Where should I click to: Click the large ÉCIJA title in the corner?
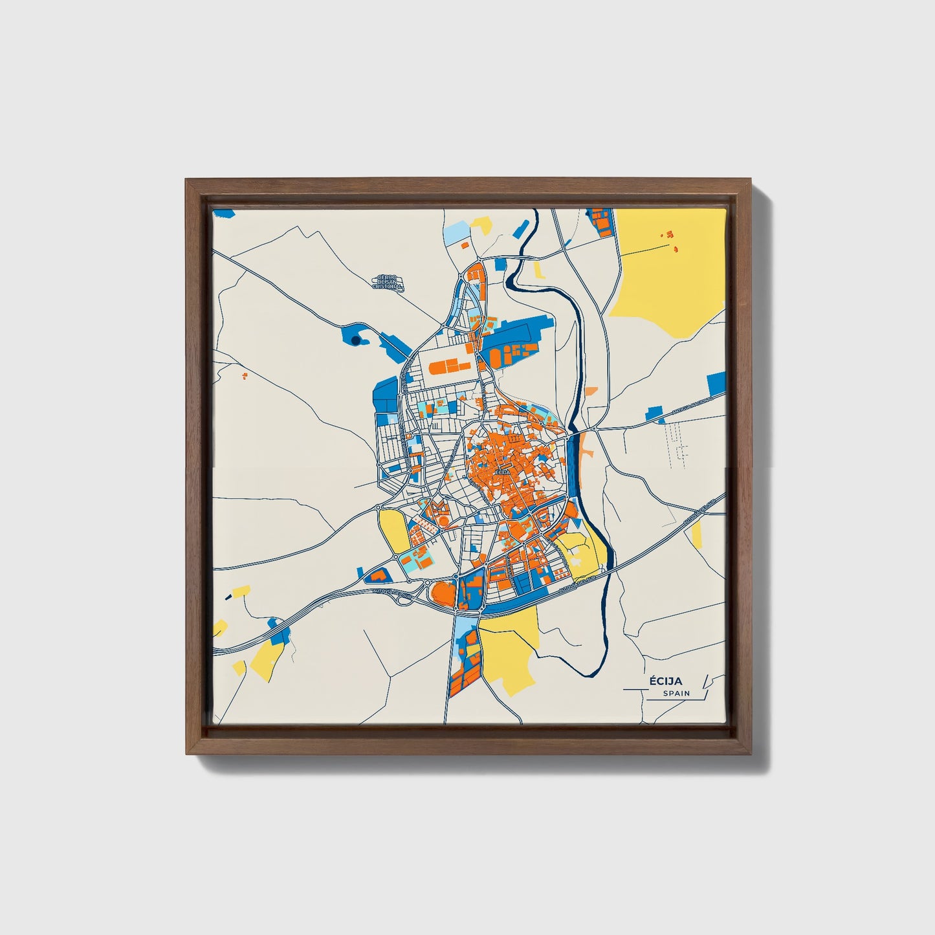click(x=666, y=681)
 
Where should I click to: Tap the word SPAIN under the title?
click(x=676, y=694)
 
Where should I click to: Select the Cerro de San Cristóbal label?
click(x=390, y=281)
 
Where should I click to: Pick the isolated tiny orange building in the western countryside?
click(x=244, y=375)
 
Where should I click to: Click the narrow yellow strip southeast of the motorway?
click(x=696, y=533)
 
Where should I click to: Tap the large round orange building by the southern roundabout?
click(x=443, y=592)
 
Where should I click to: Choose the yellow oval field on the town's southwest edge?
click(x=393, y=530)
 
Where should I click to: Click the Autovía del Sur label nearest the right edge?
click(x=698, y=513)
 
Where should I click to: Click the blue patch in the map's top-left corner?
click(x=223, y=212)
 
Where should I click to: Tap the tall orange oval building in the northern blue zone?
click(x=495, y=357)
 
